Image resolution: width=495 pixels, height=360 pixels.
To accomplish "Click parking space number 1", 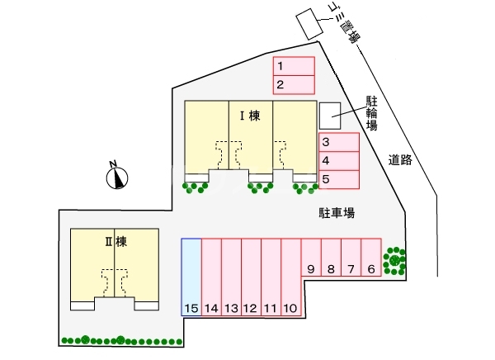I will pyautogui.click(x=294, y=65).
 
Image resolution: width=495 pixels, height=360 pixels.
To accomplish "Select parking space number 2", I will pyautogui.click(x=294, y=84).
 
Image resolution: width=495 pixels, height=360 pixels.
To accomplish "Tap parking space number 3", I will pyautogui.click(x=338, y=142).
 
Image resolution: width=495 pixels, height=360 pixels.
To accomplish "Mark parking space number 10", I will pyautogui.click(x=290, y=277).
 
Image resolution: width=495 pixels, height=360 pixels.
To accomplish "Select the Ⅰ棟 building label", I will pyautogui.click(x=249, y=116).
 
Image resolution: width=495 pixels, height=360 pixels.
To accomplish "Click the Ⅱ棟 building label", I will pyautogui.click(x=115, y=242).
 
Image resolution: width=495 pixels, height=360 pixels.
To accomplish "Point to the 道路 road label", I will pyautogui.click(x=400, y=160).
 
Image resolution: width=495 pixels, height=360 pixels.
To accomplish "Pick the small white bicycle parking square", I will pyautogui.click(x=329, y=114).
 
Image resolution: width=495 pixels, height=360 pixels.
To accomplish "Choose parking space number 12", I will pyautogui.click(x=251, y=277).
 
